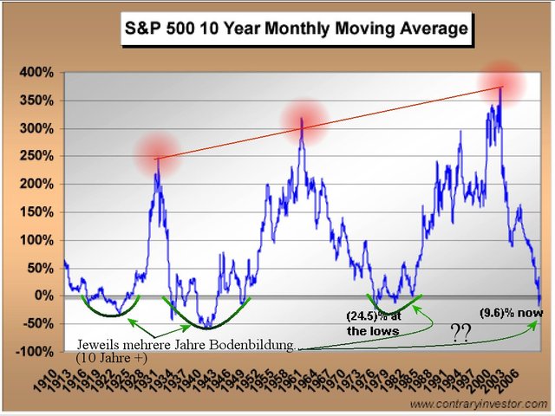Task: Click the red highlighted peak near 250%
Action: (x=157, y=157)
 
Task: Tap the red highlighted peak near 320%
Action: (x=301, y=120)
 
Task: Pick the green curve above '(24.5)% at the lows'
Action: (x=393, y=307)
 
